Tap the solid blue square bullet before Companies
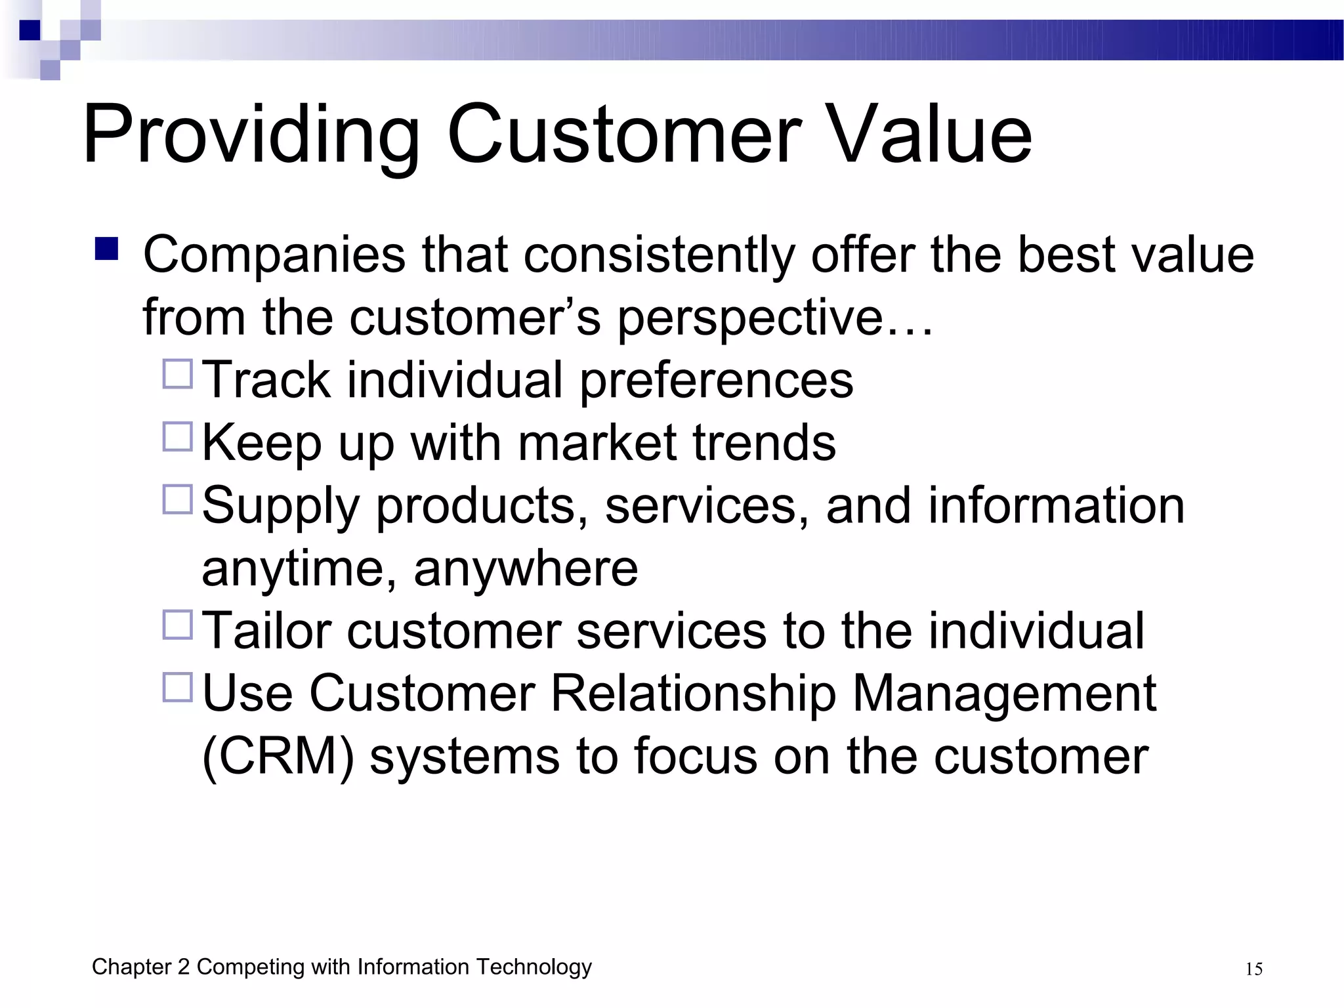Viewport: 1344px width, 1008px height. [x=106, y=249]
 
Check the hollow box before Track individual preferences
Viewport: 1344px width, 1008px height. [x=177, y=374]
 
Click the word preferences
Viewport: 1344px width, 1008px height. [x=716, y=381]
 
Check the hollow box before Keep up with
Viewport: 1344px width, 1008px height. [x=177, y=436]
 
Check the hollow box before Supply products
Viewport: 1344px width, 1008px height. [x=177, y=499]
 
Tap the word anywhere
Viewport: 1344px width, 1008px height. [x=526, y=568]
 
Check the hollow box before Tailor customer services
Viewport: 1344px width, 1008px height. [x=177, y=625]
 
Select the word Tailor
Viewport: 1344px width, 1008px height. [x=266, y=631]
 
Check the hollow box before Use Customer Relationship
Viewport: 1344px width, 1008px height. [x=177, y=687]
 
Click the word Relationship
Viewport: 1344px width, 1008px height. [x=693, y=694]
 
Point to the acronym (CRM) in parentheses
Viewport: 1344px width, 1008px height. [x=278, y=757]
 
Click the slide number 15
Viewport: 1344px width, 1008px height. [x=1253, y=969]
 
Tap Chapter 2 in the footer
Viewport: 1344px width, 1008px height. [x=140, y=967]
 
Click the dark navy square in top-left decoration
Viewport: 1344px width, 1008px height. [x=30, y=30]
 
